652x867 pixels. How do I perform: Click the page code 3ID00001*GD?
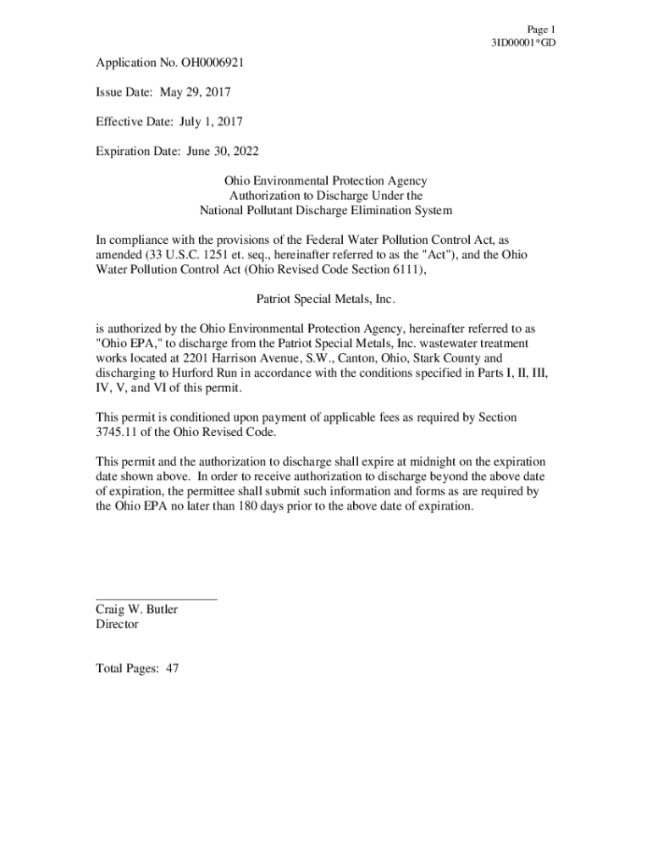pos(523,42)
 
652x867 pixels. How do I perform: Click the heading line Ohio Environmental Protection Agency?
pos(325,181)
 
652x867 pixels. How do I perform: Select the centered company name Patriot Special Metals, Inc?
pos(325,299)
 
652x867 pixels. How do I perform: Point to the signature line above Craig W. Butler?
pos(157,599)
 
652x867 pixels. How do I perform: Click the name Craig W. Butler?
pos(136,610)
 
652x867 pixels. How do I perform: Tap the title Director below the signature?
pos(117,625)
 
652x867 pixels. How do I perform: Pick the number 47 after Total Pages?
pos(172,669)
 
